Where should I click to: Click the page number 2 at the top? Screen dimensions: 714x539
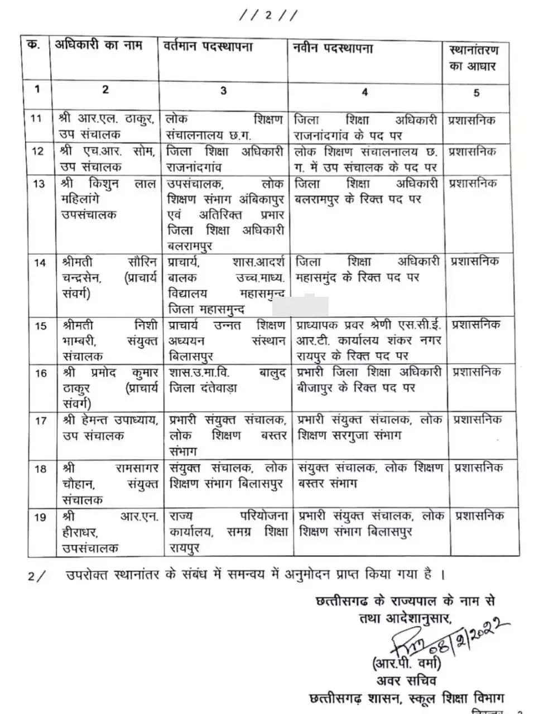268,16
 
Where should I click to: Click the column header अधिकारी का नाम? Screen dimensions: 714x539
98,46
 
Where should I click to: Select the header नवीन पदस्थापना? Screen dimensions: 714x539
333,49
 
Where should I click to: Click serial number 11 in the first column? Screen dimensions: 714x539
36,119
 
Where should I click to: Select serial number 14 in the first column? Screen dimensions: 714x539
39,262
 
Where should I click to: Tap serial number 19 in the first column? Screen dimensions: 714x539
40,517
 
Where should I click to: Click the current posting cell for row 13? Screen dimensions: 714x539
225,214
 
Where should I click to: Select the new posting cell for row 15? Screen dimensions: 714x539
368,340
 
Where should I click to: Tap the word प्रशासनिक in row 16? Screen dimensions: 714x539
476,372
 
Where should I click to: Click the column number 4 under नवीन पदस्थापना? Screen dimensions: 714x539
364,92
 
